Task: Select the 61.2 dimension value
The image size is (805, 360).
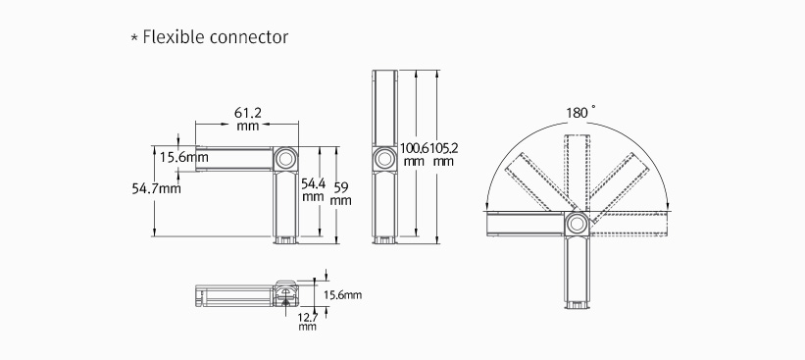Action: coord(248,113)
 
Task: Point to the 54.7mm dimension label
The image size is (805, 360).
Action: coord(157,188)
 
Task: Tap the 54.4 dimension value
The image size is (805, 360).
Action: coord(313,183)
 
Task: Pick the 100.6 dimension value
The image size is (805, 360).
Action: coord(415,148)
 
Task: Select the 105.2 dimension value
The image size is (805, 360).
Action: coord(443,148)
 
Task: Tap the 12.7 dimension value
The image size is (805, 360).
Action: coord(308,318)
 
